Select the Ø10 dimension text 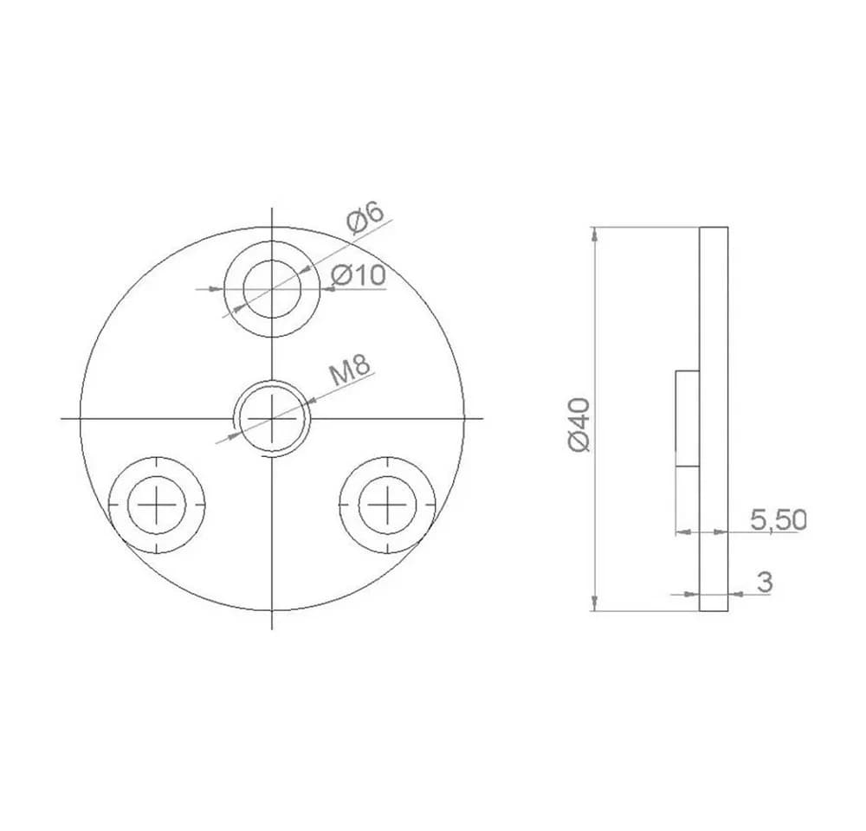tap(358, 274)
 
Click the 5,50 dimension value tap(779, 519)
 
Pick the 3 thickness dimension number tap(765, 582)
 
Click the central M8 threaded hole tap(272, 419)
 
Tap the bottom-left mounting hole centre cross tap(157, 505)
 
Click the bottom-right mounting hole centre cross tap(388, 505)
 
